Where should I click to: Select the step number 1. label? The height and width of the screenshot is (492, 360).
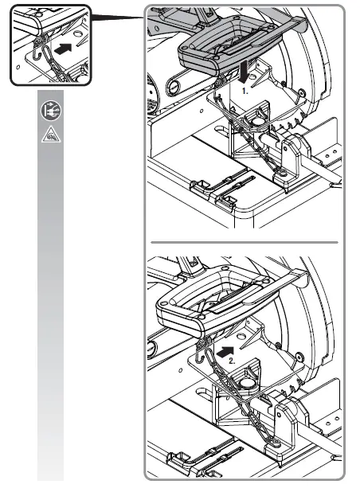(248, 92)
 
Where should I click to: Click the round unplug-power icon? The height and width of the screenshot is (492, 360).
(49, 113)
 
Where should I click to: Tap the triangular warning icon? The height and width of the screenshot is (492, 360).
(49, 135)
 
